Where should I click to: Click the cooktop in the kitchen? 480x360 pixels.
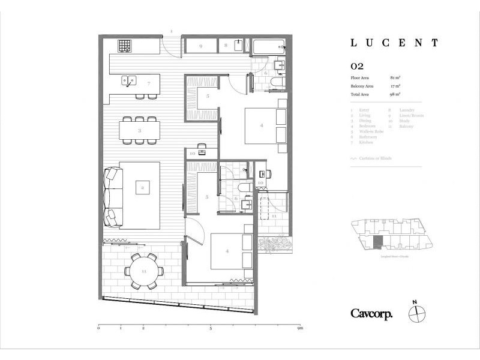coord(124,45)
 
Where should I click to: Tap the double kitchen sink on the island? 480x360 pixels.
coord(129,79)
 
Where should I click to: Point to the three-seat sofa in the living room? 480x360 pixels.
coord(113,196)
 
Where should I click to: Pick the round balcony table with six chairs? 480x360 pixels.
coord(144,271)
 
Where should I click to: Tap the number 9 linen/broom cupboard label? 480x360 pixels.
coord(201,46)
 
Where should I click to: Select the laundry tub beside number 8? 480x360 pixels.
coord(238,46)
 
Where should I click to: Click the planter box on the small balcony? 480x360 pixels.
coord(274,244)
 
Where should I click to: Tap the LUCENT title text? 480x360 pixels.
coord(394,43)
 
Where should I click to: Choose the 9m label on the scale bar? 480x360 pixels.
coord(300,329)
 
